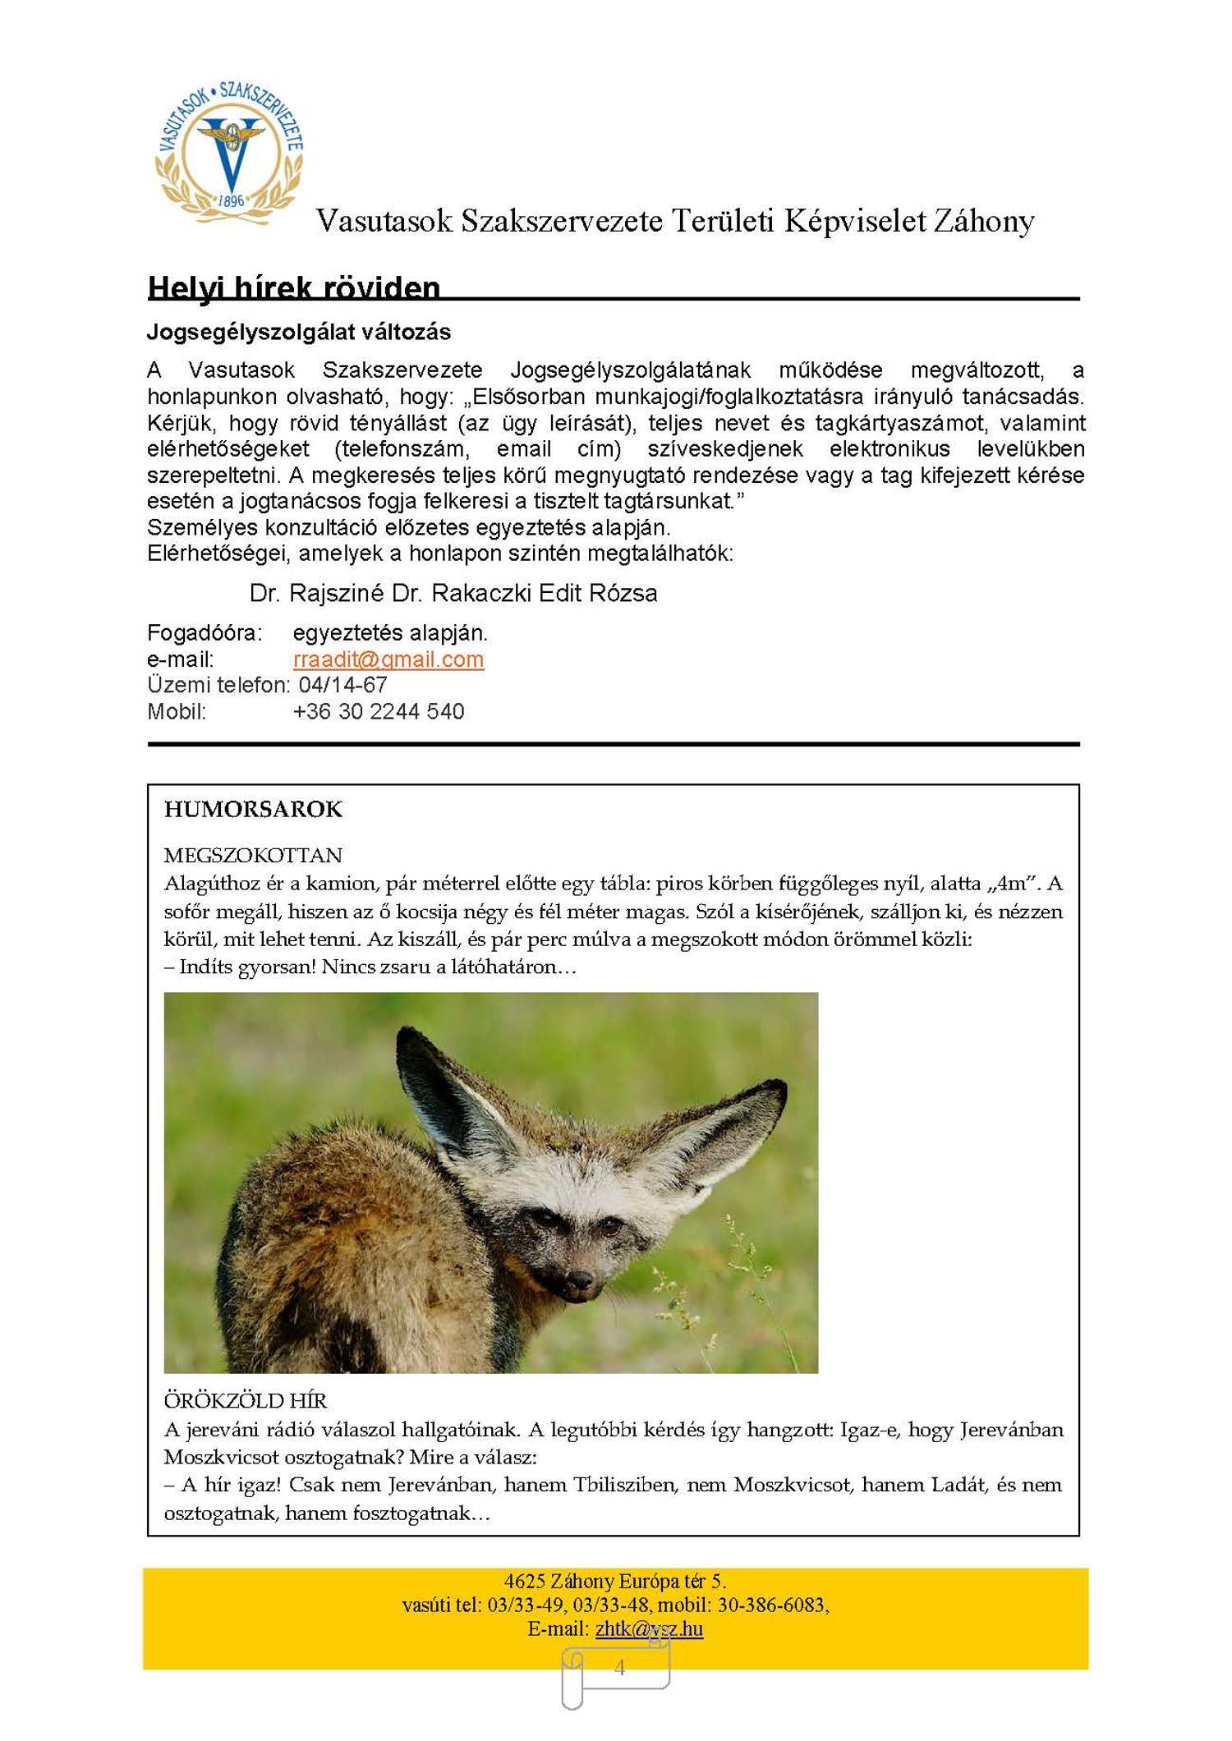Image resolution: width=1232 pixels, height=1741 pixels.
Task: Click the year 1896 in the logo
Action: coord(232,200)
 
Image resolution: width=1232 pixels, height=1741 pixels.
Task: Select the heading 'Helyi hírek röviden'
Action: coord(294,288)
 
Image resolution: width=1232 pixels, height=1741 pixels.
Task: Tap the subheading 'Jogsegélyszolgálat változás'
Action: coord(299,333)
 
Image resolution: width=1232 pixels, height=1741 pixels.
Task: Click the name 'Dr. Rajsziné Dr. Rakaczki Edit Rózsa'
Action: coord(453,594)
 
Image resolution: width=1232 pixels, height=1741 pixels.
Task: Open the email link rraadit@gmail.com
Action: coord(388,659)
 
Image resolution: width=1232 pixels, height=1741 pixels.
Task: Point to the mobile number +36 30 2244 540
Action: coord(379,711)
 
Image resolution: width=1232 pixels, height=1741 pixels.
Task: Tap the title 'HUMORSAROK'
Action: coord(253,810)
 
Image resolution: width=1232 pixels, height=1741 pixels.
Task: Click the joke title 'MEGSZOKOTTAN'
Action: coord(253,856)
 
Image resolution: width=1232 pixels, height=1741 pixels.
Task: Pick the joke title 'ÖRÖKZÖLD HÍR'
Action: coord(246,1400)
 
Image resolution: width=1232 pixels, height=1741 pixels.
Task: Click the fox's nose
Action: coord(581,1279)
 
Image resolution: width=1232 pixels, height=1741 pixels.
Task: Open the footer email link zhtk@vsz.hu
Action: coord(649,1628)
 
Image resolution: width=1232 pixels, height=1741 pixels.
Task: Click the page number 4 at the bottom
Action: coord(619,1667)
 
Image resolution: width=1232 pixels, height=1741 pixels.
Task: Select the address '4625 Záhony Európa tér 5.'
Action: coord(615,1581)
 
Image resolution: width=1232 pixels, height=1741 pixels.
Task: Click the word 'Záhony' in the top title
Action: coord(983,221)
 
